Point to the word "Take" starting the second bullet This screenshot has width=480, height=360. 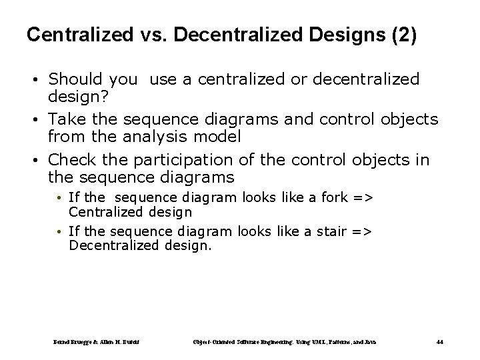[66, 119]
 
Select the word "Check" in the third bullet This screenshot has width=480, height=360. [71, 160]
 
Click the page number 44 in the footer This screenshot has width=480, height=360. [439, 342]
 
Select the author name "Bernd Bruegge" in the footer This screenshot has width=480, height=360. [70, 342]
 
